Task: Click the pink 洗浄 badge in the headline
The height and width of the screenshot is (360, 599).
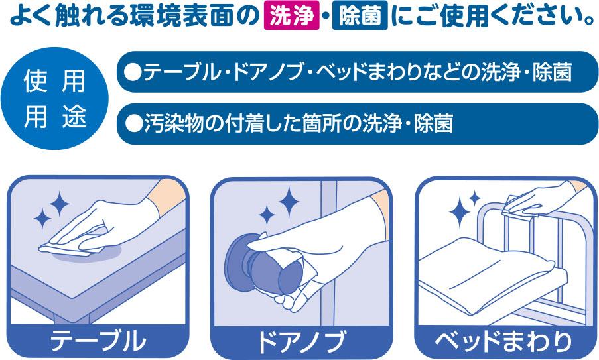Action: click(x=291, y=16)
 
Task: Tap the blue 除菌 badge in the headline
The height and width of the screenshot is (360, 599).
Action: click(x=360, y=16)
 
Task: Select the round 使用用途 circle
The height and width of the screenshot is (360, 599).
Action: click(x=54, y=99)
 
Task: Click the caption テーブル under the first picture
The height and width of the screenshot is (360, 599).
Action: click(x=98, y=341)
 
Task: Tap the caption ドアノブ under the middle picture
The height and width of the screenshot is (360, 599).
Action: click(x=302, y=341)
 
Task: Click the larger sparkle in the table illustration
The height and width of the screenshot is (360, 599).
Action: click(x=59, y=204)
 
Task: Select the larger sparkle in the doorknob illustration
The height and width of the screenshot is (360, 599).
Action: click(x=289, y=202)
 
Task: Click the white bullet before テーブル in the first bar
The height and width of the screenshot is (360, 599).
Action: click(x=134, y=72)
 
